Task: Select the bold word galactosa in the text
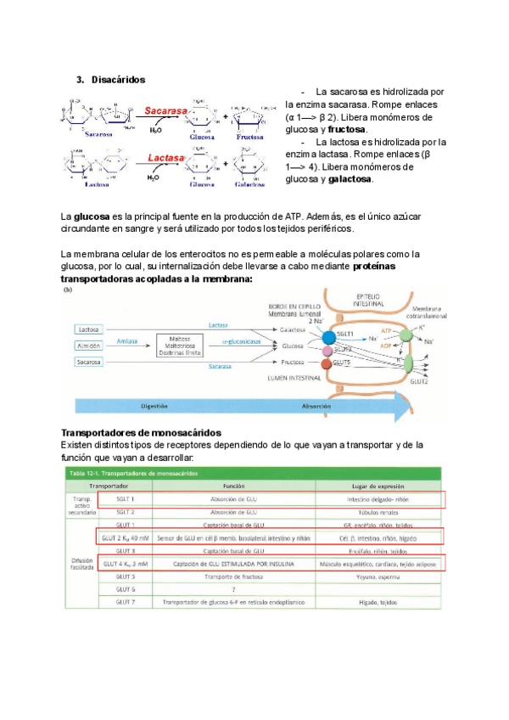pos(350,179)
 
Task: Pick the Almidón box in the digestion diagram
pos(87,346)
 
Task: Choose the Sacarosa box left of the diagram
pos(87,362)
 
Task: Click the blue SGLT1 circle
pos(328,337)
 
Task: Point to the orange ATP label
pos(386,329)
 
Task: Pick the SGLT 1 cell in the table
pos(126,499)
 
